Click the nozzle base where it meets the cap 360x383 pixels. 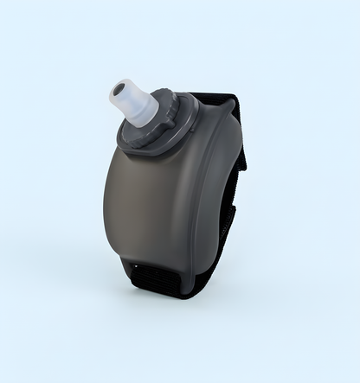click(x=147, y=117)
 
